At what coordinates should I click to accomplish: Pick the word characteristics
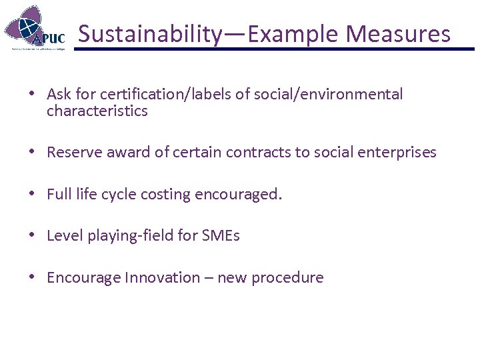click(97, 111)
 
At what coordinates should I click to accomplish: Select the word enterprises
click(398, 152)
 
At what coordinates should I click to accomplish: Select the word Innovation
click(161, 277)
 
